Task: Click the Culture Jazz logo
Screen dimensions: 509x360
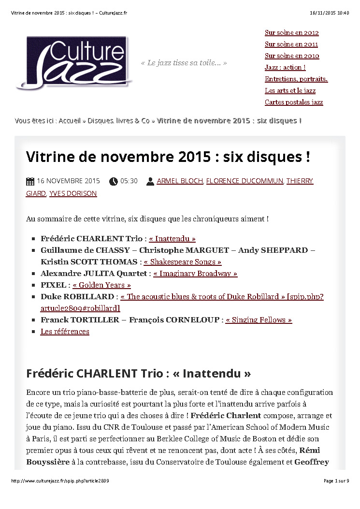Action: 74,62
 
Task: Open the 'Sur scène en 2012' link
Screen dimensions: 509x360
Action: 291,33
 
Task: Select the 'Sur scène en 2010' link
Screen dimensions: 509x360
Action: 291,56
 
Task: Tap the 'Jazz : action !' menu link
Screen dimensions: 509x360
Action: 285,68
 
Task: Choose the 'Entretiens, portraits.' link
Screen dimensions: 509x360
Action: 296,79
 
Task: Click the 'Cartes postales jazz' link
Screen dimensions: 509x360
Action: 294,102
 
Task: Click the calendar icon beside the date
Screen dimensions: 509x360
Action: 30,181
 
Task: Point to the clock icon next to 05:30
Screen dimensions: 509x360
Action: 114,181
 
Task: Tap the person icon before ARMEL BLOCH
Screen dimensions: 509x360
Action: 150,181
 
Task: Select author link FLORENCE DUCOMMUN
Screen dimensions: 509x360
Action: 245,181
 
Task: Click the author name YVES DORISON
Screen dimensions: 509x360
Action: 73,193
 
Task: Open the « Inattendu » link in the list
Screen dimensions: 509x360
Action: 173,239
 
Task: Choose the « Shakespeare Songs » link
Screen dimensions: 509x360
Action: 183,262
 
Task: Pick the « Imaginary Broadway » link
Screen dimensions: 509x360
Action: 195,274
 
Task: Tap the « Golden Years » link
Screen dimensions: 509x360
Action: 101,285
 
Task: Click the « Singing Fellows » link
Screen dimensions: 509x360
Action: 259,320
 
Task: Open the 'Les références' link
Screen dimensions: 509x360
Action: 65,332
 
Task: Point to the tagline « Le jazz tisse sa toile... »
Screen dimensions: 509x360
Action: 184,63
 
